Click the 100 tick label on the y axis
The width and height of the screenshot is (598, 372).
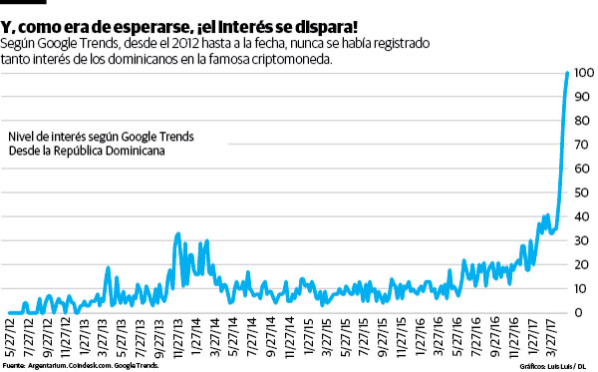[x=583, y=74]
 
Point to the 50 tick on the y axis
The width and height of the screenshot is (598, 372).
[x=583, y=193]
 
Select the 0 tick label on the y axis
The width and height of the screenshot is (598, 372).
[x=579, y=312]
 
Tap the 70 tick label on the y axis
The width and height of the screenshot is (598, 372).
[x=583, y=146]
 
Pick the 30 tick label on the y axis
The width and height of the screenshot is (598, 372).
[x=583, y=241]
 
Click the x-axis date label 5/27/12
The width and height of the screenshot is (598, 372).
[x=10, y=337]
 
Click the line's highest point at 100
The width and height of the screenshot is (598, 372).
[x=568, y=73]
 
